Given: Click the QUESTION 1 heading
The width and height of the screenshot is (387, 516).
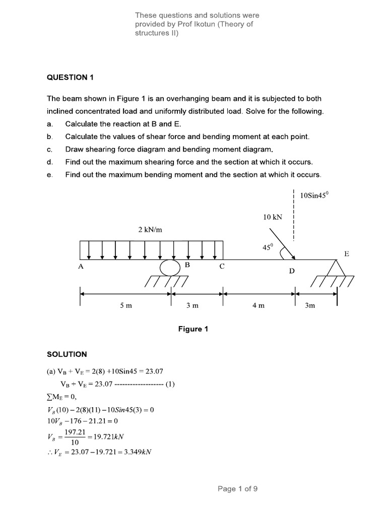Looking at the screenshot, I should (71, 77).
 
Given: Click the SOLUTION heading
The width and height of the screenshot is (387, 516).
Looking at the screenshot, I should (67, 354).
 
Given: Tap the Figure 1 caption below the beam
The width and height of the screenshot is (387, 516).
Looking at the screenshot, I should (193, 329).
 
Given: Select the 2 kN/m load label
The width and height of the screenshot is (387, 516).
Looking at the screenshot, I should (150, 230).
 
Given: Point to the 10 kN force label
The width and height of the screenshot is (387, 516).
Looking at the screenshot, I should (273, 217).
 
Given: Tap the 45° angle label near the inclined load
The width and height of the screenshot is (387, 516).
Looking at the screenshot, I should (267, 247).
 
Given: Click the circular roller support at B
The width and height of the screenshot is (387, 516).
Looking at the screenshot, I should (170, 267).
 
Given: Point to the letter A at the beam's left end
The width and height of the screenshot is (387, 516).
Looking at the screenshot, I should (81, 267).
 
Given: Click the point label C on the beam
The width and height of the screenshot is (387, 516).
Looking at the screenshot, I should (222, 267).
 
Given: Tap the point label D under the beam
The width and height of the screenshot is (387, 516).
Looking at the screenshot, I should (291, 271).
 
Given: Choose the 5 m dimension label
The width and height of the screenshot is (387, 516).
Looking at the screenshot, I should (125, 305).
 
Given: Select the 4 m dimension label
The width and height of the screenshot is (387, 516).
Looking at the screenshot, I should (258, 305).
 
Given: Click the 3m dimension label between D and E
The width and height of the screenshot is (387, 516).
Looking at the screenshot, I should (310, 305).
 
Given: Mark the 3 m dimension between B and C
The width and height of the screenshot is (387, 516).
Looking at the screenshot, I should (192, 305).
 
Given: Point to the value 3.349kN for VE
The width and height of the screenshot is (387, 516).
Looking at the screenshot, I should (133, 452).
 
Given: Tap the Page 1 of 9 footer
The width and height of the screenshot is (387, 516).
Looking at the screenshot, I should (237, 488).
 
